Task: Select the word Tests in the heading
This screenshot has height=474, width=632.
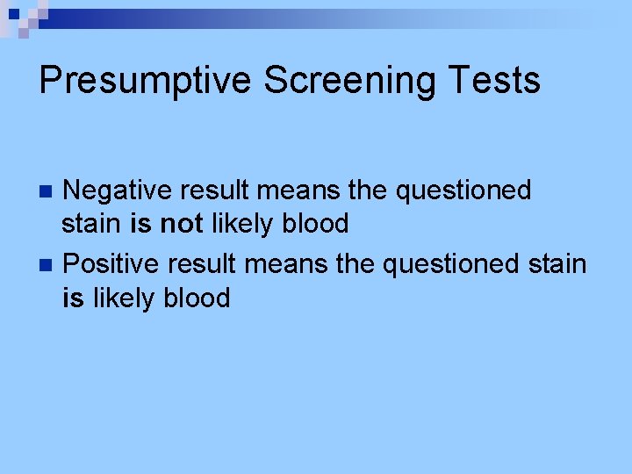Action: pyautogui.click(x=498, y=81)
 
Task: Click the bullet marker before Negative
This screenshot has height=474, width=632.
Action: pyautogui.click(x=49, y=190)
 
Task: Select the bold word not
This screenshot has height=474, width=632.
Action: pyautogui.click(x=181, y=224)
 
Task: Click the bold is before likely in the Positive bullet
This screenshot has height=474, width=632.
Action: pyautogui.click(x=73, y=298)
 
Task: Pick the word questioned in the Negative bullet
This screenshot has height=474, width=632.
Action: pyautogui.click(x=463, y=190)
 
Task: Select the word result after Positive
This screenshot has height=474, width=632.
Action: pyautogui.click(x=204, y=262)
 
